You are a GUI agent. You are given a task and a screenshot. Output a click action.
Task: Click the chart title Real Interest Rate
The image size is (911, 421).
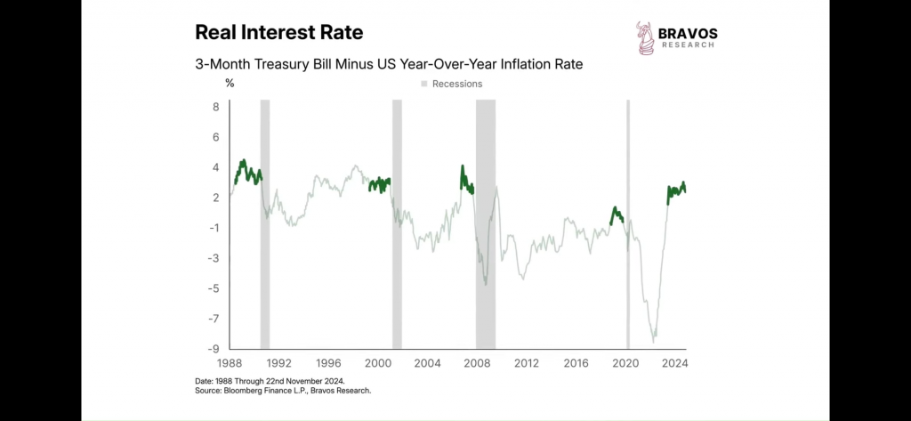pos(278,33)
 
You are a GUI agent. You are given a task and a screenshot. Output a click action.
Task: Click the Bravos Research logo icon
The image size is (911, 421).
pos(644,37)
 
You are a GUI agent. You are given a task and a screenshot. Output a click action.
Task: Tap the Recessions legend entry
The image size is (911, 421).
pos(452,84)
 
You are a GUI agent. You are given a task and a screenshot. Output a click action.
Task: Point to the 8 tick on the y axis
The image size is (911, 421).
pos(214,107)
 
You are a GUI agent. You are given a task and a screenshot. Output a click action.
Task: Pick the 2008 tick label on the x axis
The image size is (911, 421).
pos(477,363)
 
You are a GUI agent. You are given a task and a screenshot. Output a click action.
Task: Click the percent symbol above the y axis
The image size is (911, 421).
pos(230,84)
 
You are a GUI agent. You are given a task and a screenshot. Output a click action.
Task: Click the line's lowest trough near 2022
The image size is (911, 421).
pos(654,339)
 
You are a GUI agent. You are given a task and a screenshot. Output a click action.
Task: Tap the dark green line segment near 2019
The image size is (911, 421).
pos(616,215)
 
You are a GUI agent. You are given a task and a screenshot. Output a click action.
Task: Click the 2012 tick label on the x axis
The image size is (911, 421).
pos(527,363)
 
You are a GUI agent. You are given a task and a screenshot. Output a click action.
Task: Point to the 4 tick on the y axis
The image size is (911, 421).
pos(214,167)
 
